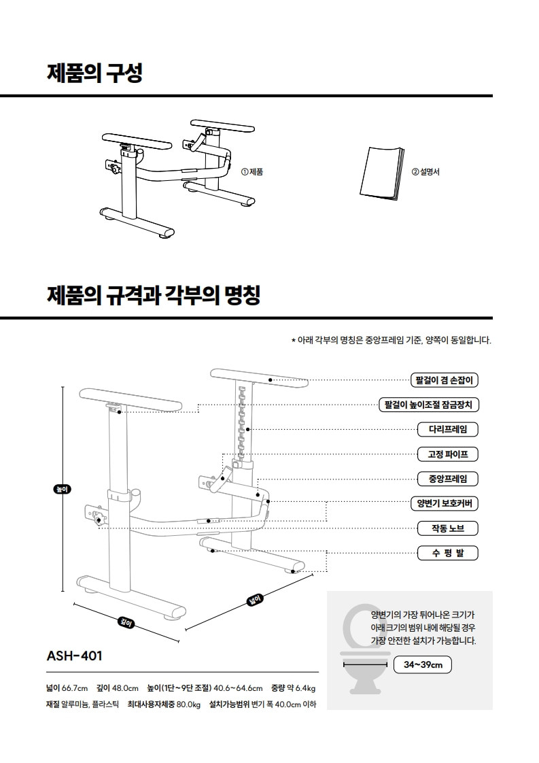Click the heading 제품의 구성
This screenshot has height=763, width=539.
[94, 73]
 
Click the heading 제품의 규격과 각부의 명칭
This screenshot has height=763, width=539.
[153, 296]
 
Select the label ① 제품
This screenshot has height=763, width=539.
[252, 172]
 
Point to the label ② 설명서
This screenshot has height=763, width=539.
[425, 172]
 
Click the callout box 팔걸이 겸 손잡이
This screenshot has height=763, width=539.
[445, 380]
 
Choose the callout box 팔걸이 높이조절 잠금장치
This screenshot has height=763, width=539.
[429, 405]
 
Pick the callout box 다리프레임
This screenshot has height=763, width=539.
[448, 429]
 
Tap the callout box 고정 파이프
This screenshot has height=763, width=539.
[448, 454]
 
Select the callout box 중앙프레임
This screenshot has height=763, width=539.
[448, 479]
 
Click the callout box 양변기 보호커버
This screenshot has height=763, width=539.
[445, 504]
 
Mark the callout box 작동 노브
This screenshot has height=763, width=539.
[448, 528]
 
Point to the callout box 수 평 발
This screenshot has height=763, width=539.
[448, 553]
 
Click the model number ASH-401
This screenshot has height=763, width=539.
[74, 656]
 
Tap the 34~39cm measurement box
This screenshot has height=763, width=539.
[423, 664]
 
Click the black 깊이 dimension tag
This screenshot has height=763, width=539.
[126, 622]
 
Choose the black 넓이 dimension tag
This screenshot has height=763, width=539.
[255, 599]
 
